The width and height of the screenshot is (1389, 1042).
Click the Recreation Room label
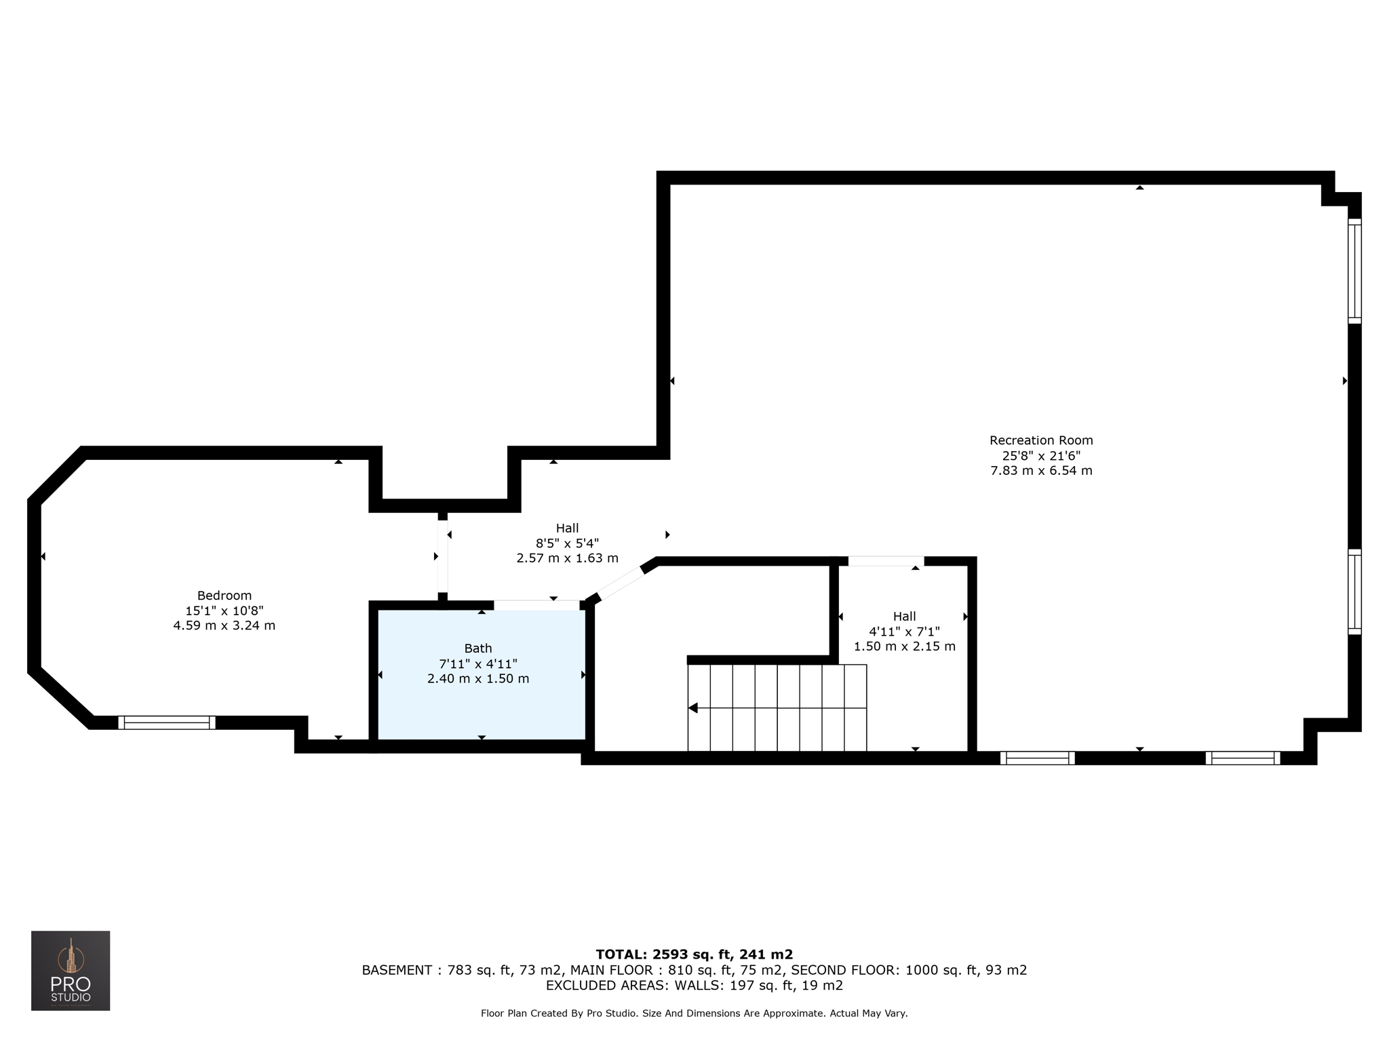click(x=1041, y=440)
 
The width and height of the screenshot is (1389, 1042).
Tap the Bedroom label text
click(x=224, y=596)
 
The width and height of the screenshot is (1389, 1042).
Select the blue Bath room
click(x=481, y=674)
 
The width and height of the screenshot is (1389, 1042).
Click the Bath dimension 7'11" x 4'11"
click(x=478, y=663)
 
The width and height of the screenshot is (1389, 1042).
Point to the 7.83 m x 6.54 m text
click(x=1041, y=470)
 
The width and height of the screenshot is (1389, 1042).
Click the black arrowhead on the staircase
click(x=693, y=708)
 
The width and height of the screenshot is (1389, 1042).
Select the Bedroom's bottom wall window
click(x=167, y=722)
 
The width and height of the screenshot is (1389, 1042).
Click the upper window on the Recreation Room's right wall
click(x=1354, y=271)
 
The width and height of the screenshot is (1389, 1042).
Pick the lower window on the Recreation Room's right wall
click(x=1354, y=592)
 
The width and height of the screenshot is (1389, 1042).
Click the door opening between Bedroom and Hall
click(x=442, y=556)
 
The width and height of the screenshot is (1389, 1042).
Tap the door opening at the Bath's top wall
click(x=536, y=605)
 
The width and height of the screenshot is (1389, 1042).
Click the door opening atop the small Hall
click(x=886, y=561)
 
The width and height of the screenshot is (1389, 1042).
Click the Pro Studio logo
click(x=71, y=971)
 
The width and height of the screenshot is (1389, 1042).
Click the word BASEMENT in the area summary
click(x=397, y=970)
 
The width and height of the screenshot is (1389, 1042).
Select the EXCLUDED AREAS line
click(x=694, y=985)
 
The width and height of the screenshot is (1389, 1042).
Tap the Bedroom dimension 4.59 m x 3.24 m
click(x=224, y=625)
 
